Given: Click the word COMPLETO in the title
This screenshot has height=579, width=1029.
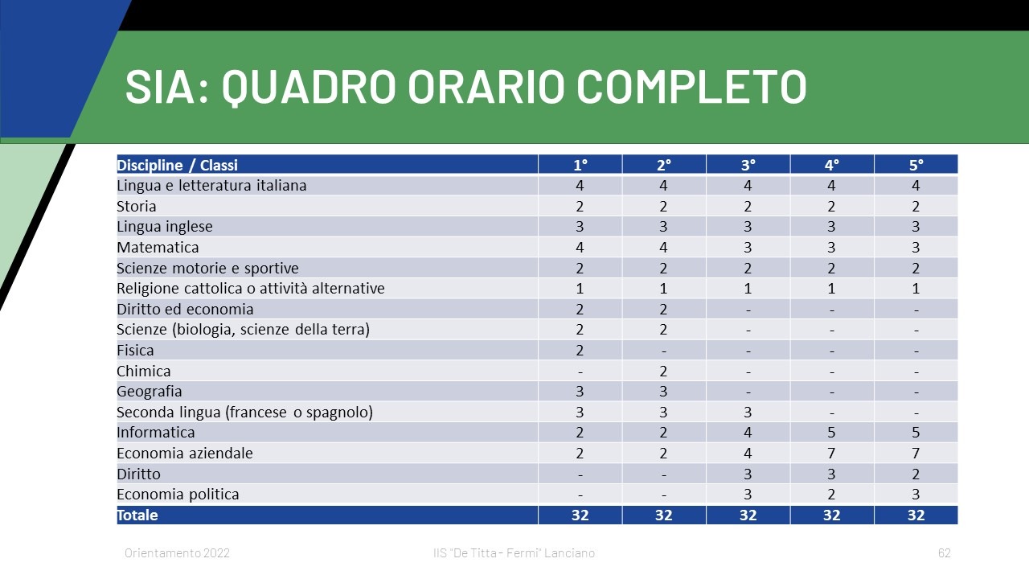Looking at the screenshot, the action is tap(691, 86).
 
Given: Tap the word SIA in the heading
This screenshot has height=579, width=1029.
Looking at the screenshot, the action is tap(161, 86).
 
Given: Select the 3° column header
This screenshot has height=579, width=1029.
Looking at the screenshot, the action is tap(748, 165).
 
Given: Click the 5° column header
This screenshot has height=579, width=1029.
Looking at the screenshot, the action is tap(916, 165).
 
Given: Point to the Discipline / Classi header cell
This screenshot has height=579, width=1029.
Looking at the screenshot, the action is tap(178, 165).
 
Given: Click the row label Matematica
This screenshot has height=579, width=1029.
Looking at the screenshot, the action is tap(158, 247).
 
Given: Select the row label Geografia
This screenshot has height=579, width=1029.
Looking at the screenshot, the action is tap(150, 392).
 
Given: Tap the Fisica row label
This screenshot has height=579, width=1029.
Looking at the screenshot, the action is tap(135, 350).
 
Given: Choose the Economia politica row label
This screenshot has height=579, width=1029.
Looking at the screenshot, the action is tap(178, 495).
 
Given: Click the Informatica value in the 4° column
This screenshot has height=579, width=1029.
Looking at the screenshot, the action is tap(831, 433).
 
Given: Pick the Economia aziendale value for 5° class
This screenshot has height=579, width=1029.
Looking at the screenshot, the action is tap(916, 453).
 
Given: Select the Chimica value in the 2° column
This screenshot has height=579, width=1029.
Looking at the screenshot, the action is tap(663, 371).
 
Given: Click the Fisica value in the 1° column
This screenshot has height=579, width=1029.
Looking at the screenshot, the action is tap(580, 350).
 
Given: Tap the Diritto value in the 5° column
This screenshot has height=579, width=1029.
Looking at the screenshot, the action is tap(916, 474).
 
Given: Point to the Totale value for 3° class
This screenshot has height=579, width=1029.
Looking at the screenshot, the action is tap(748, 515).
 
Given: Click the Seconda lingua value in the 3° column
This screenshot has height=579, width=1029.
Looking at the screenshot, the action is tap(748, 413).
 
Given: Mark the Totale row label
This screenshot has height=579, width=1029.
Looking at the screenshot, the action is tap(137, 515).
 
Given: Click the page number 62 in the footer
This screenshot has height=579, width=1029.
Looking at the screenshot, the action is tap(945, 552).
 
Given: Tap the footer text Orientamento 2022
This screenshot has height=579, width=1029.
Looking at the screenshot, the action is tap(177, 552).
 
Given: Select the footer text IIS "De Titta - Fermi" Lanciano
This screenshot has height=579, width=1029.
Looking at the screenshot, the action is tap(514, 552).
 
